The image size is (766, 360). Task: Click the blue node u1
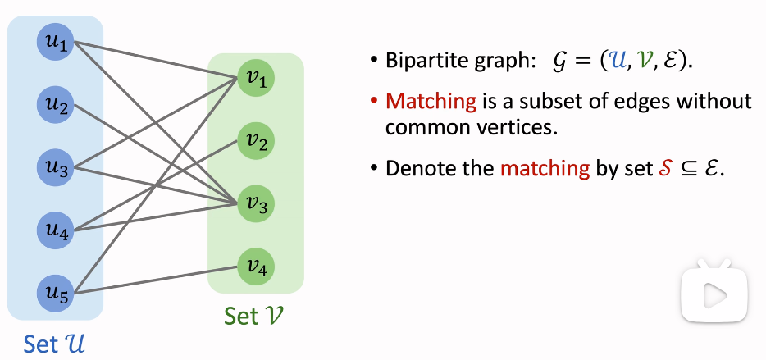click(x=56, y=43)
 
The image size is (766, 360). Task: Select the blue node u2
click(x=56, y=104)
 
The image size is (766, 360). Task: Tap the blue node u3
click(x=56, y=166)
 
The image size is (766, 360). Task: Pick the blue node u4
click(x=56, y=229)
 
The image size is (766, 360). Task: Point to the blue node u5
click(x=56, y=291)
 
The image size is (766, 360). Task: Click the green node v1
click(x=256, y=79)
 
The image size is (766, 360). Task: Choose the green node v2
click(x=256, y=142)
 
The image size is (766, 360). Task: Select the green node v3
click(x=256, y=204)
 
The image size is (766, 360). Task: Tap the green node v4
click(x=256, y=267)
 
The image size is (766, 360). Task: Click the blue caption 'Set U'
click(x=55, y=344)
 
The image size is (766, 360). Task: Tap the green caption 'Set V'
click(x=256, y=316)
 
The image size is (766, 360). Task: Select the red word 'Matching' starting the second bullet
click(x=431, y=102)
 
